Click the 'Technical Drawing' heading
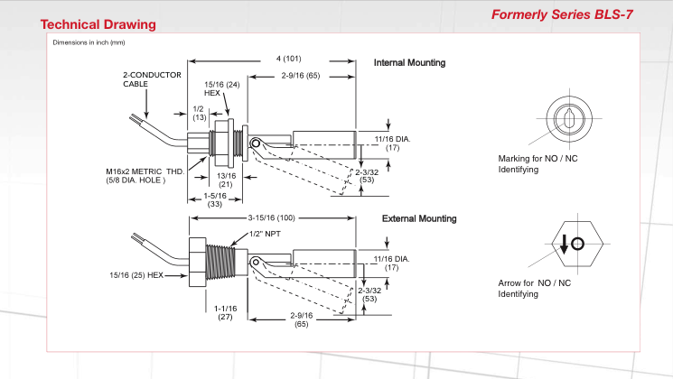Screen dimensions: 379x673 pyautogui.click(x=98, y=24)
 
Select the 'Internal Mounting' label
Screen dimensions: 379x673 pyautogui.click(x=409, y=63)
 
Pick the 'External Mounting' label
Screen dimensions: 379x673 pyautogui.click(x=419, y=218)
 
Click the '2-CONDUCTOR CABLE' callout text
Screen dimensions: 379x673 pyautogui.click(x=153, y=79)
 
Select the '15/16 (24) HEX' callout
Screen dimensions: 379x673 pyautogui.click(x=221, y=88)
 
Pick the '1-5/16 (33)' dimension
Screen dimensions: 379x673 pyautogui.click(x=214, y=199)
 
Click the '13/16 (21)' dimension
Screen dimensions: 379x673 pyautogui.click(x=227, y=179)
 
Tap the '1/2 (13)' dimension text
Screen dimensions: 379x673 pyautogui.click(x=199, y=113)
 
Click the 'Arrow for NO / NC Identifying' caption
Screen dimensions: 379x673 pyautogui.click(x=535, y=289)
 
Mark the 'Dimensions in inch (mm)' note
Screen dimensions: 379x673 pyautogui.click(x=89, y=42)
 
